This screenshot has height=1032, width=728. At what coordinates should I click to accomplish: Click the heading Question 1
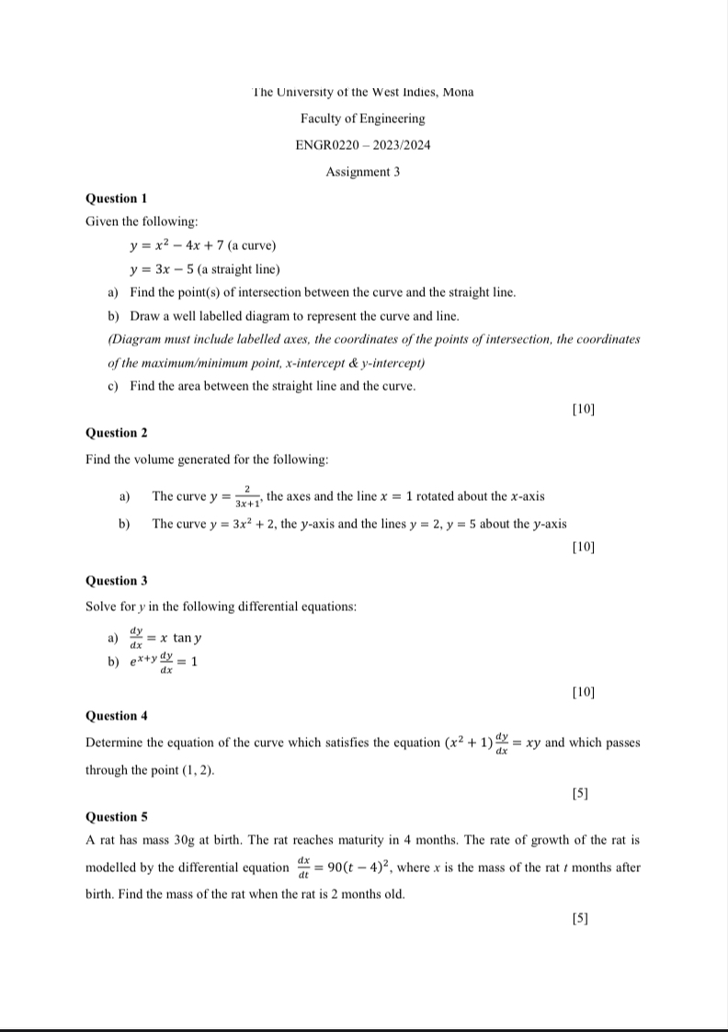(116, 198)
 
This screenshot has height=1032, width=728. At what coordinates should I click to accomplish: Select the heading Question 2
(116, 433)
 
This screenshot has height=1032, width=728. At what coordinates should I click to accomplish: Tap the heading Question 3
(116, 581)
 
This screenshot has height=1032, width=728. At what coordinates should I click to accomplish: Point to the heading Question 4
(116, 716)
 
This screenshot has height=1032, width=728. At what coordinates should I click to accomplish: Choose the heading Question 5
(116, 816)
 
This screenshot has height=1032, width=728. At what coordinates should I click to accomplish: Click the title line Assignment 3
(362, 172)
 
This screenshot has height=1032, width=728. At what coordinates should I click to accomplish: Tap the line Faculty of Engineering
(362, 119)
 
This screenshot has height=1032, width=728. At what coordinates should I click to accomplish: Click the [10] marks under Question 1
(583, 408)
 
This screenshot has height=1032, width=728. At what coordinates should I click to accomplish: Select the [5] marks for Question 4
(580, 791)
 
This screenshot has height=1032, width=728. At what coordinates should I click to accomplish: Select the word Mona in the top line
(458, 92)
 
